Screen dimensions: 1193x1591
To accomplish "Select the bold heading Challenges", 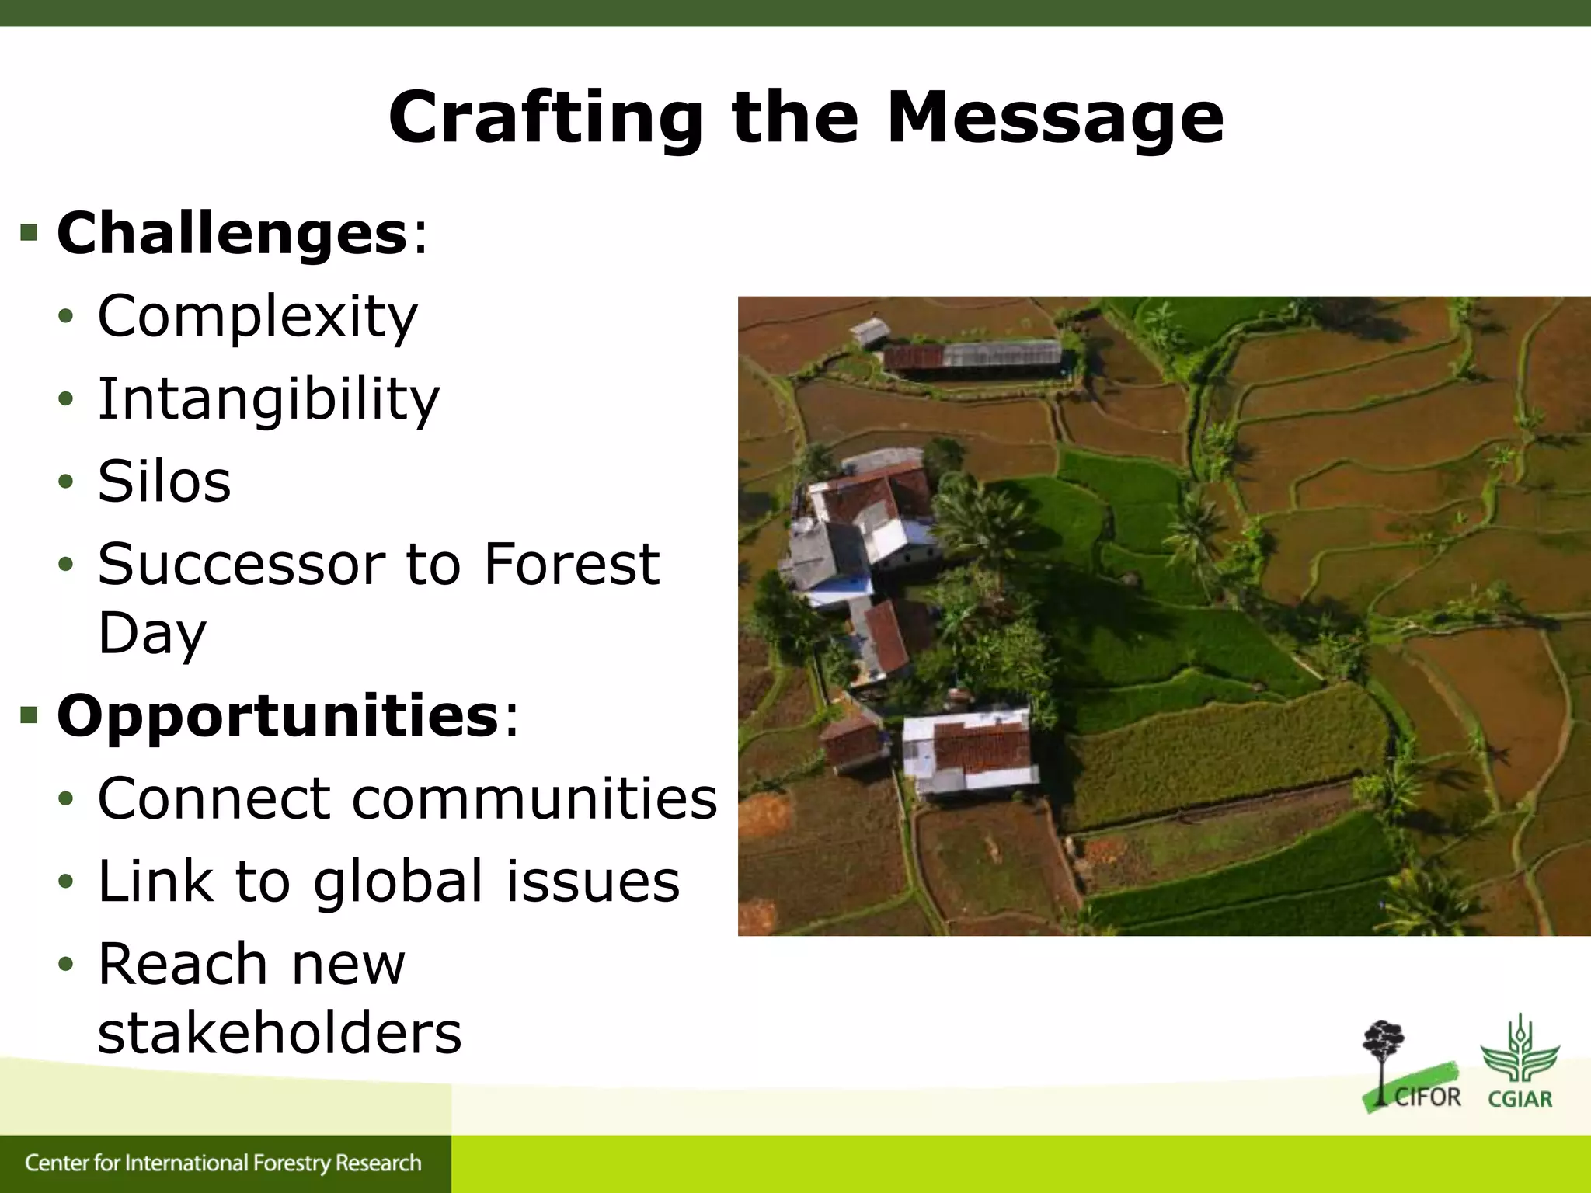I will pyautogui.click(x=232, y=233).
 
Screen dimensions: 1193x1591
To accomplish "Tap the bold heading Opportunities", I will pyautogui.click(x=277, y=715).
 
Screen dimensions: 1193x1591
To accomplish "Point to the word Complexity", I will pyautogui.click(x=257, y=317).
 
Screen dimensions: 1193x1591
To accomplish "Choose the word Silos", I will pyautogui.click(x=164, y=482).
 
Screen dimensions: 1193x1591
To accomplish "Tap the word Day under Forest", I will pyautogui.click(x=152, y=633).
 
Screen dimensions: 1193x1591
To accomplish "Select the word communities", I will pyautogui.click(x=534, y=798).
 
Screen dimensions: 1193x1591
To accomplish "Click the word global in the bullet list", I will pyautogui.click(x=399, y=882).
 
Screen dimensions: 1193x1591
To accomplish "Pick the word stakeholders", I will pyautogui.click(x=280, y=1033).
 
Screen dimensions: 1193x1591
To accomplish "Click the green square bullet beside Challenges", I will pyautogui.click(x=30, y=233).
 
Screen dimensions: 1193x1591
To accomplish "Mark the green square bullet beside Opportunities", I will pyautogui.click(x=30, y=715).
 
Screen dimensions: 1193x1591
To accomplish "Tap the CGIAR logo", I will pyautogui.click(x=1520, y=1061).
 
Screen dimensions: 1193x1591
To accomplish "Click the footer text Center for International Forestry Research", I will pyautogui.click(x=223, y=1163).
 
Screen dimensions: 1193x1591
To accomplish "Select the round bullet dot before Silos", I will pyautogui.click(x=66, y=482).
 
